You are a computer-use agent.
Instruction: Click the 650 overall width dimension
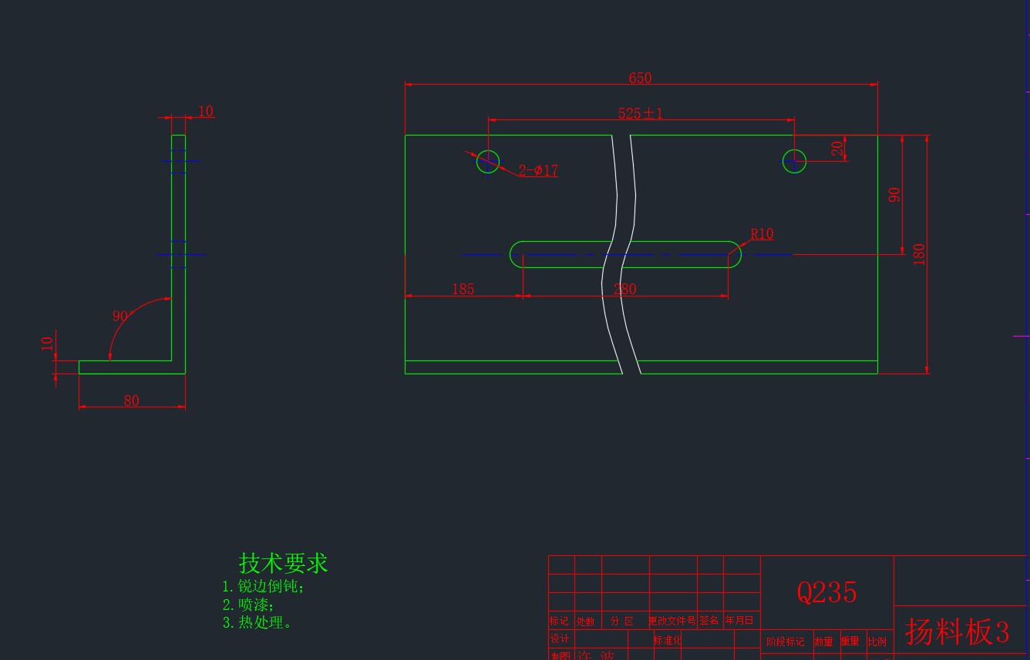(x=640, y=78)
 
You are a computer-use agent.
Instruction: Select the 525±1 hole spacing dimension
(x=640, y=113)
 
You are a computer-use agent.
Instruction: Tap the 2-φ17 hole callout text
(x=538, y=170)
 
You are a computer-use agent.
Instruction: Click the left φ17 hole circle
(x=488, y=162)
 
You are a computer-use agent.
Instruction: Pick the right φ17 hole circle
(x=794, y=162)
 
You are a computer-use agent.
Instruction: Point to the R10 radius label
(x=762, y=233)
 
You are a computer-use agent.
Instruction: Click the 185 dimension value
(x=463, y=289)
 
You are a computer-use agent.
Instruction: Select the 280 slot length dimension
(x=624, y=289)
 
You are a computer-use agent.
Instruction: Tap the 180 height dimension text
(x=919, y=254)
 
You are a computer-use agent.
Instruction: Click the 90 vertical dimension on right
(x=894, y=195)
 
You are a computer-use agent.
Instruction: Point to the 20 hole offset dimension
(x=837, y=149)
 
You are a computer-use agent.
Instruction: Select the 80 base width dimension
(x=131, y=400)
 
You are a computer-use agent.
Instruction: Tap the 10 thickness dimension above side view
(x=205, y=111)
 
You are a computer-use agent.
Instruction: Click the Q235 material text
(x=826, y=592)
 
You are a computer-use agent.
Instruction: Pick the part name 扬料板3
(x=957, y=632)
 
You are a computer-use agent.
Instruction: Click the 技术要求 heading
(x=283, y=563)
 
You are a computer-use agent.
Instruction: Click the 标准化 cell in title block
(x=668, y=640)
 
